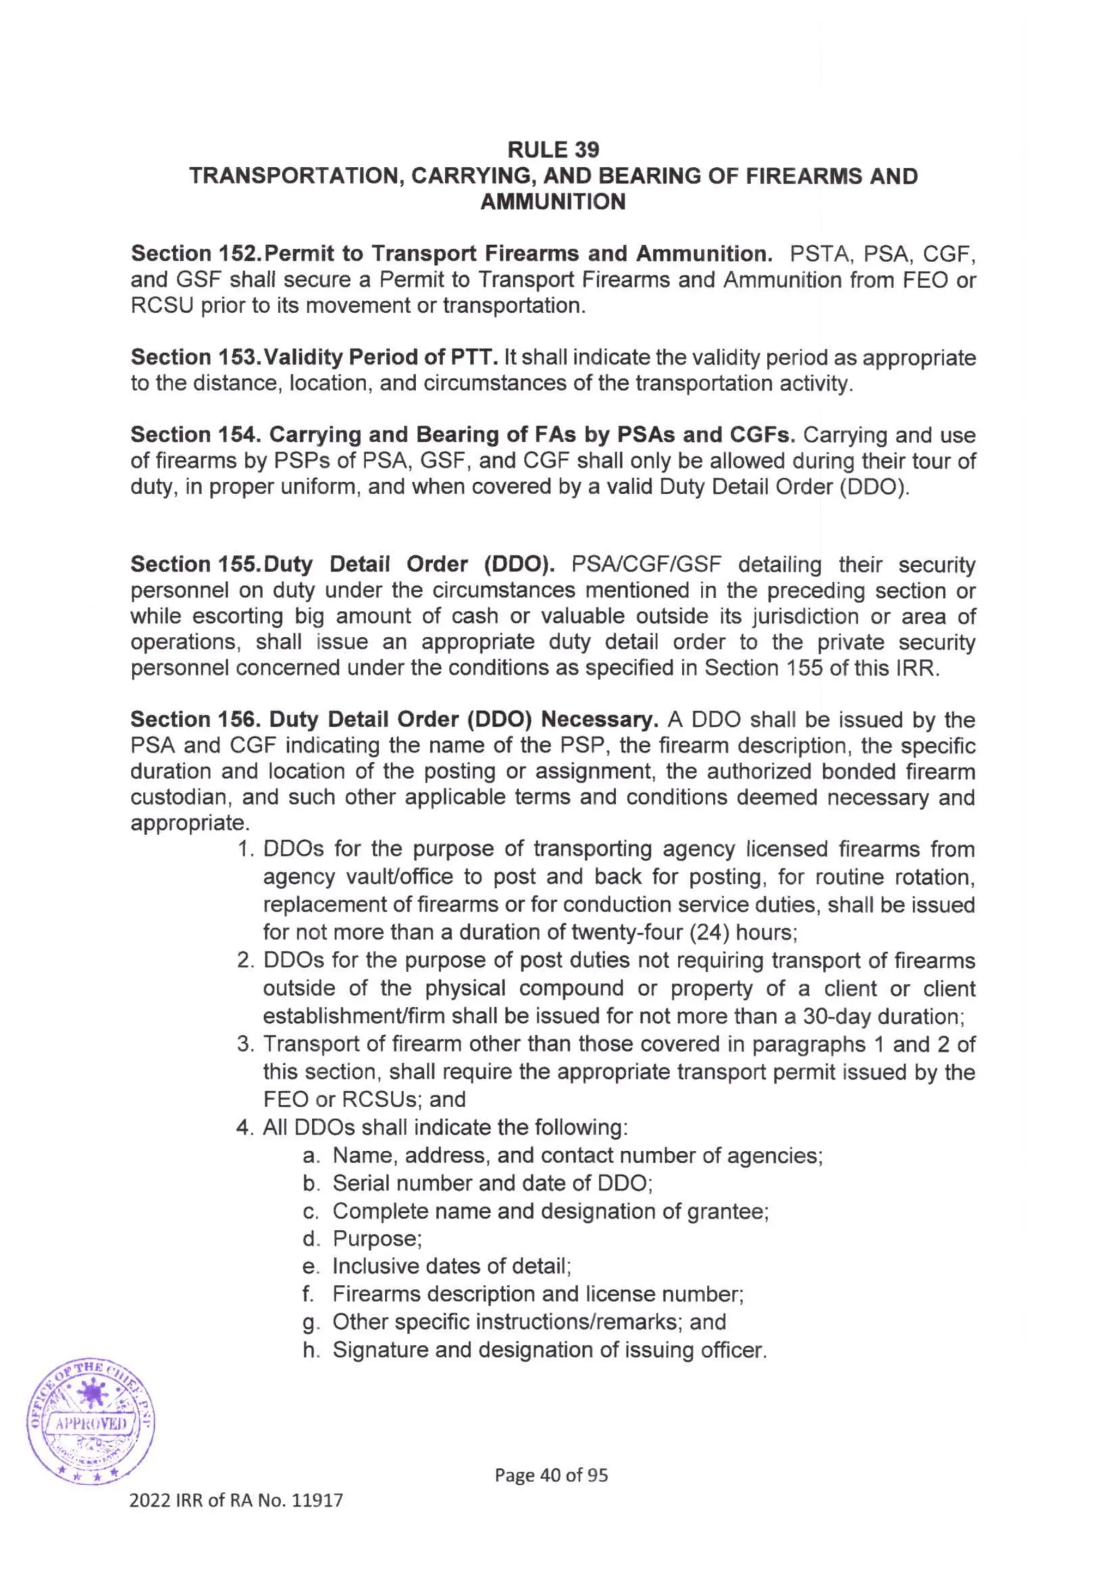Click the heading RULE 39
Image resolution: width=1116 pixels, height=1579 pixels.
(x=553, y=149)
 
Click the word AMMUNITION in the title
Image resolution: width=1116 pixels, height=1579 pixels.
(x=553, y=202)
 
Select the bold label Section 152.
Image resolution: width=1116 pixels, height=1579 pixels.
(x=194, y=254)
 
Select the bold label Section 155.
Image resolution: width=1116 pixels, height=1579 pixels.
(x=194, y=564)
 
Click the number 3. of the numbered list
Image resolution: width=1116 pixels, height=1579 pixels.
(x=245, y=1044)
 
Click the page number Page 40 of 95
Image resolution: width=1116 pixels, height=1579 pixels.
(x=551, y=1474)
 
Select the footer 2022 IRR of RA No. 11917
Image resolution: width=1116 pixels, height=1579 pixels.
(x=236, y=1501)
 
